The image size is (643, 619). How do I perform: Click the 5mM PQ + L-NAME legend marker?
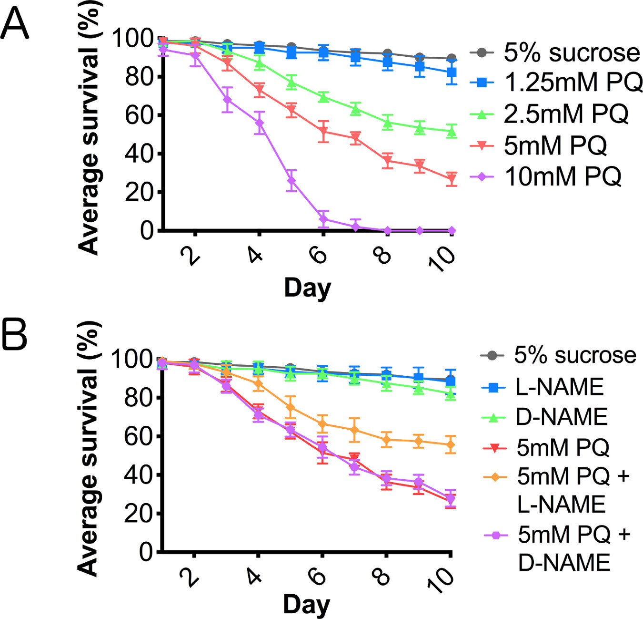495,477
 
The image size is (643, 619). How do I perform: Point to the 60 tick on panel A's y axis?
139,115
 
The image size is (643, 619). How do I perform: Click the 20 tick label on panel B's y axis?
138,514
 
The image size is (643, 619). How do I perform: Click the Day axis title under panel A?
307,288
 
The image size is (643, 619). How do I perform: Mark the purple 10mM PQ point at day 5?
291,181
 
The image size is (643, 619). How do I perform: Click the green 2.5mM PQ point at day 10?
452,131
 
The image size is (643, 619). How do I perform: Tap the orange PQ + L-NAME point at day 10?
451,445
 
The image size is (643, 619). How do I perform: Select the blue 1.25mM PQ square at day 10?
452,72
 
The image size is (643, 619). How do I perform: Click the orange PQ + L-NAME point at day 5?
291,407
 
